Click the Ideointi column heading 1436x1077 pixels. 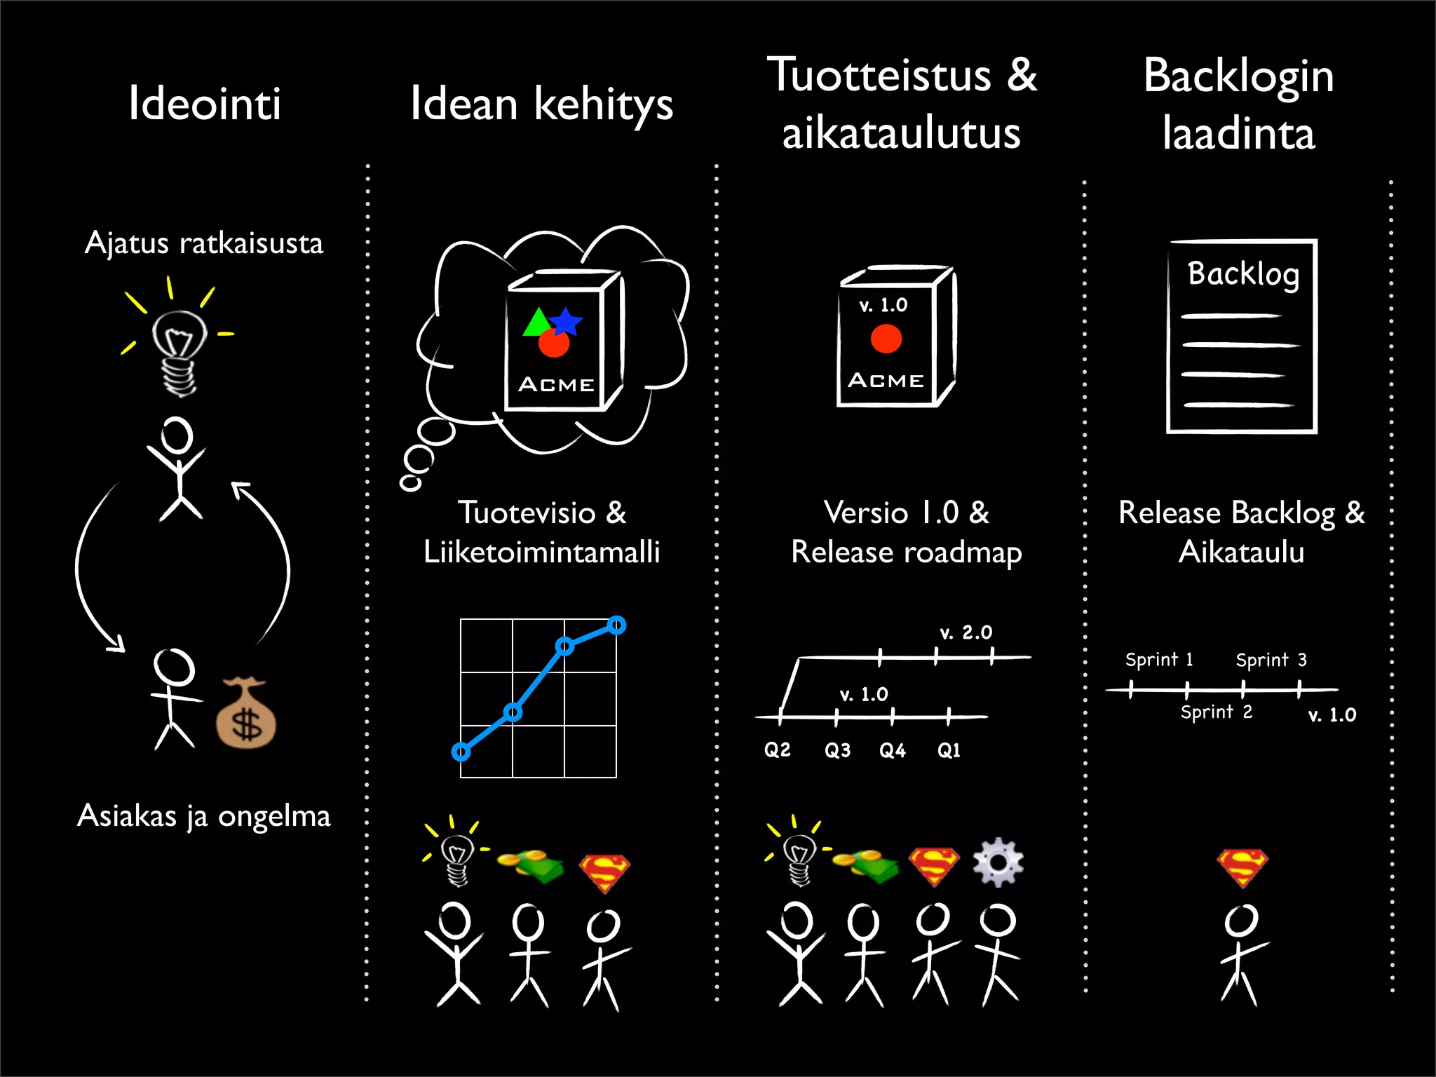point(205,104)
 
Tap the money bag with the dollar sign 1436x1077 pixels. point(245,715)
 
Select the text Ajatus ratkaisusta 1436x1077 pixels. point(204,243)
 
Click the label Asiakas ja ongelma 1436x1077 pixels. point(204,815)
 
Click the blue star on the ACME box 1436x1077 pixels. point(566,322)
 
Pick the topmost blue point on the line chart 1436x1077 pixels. point(616,625)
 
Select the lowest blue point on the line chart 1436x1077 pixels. point(461,752)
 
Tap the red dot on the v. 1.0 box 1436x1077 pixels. point(886,339)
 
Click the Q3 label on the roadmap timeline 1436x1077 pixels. point(837,750)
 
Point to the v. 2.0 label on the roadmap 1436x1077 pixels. point(966,632)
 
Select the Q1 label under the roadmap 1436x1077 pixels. point(949,750)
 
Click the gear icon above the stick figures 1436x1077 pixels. point(998,862)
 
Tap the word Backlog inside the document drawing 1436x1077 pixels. point(1243,273)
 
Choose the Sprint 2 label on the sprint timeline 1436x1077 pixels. point(1216,712)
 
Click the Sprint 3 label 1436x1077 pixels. point(1271,660)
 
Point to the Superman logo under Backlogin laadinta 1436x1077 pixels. point(1242,868)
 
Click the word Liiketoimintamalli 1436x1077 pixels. point(542,552)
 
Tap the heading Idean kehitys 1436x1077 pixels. point(541,104)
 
